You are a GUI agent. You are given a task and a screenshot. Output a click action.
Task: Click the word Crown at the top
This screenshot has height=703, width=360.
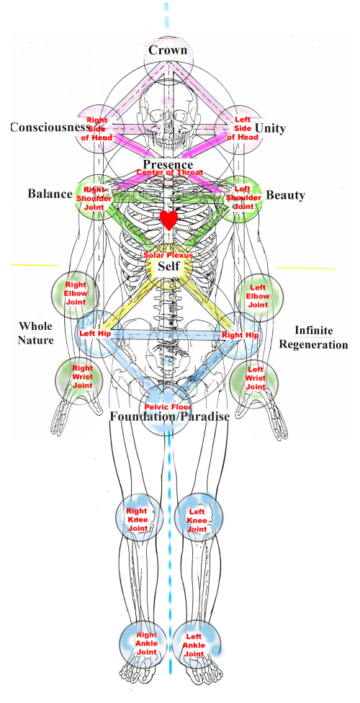168,50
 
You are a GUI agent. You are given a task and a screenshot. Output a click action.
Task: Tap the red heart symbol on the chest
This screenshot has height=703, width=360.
168,220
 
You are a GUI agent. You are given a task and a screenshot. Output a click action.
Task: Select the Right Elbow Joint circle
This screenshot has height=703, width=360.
76,295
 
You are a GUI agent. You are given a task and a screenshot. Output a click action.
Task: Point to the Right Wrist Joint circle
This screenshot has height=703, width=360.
80,377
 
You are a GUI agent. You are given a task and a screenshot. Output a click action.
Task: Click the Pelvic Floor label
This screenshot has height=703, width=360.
168,407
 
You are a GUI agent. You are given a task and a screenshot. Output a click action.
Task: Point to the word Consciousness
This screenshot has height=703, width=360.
48,127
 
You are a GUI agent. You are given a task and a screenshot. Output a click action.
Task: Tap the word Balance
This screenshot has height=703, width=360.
50,194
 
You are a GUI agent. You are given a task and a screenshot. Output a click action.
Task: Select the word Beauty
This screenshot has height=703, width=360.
285,195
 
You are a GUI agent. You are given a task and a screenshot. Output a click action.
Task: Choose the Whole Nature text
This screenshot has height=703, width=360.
36,333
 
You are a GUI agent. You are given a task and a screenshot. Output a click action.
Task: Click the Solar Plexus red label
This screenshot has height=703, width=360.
168,256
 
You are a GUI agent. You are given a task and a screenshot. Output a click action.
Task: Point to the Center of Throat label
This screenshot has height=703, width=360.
168,172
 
